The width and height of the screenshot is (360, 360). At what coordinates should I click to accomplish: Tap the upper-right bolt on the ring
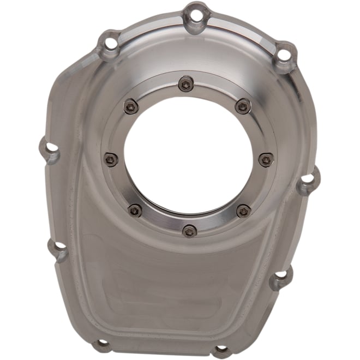(x=243, y=106)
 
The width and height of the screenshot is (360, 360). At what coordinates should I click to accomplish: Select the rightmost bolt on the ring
(x=266, y=160)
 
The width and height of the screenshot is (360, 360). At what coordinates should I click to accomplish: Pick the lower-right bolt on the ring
(x=243, y=211)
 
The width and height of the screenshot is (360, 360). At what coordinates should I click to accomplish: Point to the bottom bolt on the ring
(x=189, y=231)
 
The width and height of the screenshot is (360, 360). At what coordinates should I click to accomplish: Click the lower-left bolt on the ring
(x=135, y=210)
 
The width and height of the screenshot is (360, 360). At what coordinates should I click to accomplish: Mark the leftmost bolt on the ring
(x=111, y=159)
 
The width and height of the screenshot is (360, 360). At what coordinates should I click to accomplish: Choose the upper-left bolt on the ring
(x=131, y=106)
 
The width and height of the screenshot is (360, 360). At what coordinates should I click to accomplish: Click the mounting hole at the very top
(x=197, y=13)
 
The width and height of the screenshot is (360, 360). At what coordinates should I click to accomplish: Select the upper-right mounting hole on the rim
(x=284, y=55)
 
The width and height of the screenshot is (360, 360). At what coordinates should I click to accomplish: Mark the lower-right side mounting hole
(x=281, y=277)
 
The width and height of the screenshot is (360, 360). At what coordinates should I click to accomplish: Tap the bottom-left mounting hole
(x=101, y=344)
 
